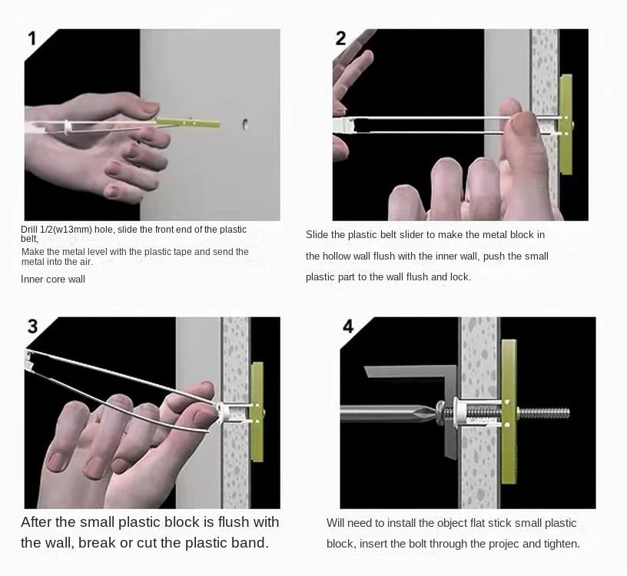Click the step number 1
coord(32,38)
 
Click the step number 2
coord(340,38)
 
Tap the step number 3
coord(33,326)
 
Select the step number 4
coord(348,326)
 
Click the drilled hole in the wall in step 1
coord(244,124)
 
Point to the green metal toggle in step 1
coord(187,122)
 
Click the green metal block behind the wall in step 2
coord(566,124)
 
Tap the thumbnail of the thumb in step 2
coord(523,124)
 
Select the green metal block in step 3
coord(257,412)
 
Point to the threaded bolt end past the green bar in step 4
coord(544,413)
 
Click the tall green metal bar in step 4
coord(509,412)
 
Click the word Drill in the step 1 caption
coord(29,230)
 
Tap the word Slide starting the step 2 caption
coord(317,235)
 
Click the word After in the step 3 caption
coord(36,522)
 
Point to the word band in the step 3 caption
coord(248,543)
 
